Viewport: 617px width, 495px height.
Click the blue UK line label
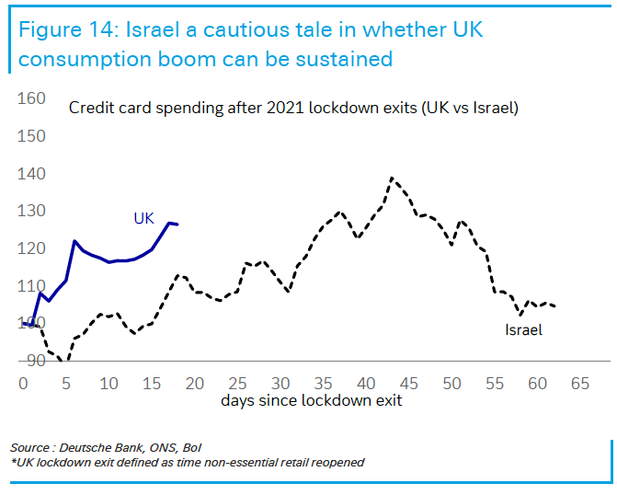(x=143, y=218)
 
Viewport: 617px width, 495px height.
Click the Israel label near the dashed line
(x=523, y=329)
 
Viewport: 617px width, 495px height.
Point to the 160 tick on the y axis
(x=32, y=98)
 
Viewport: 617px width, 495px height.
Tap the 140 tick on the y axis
(x=32, y=174)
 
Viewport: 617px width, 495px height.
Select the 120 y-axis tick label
(x=32, y=248)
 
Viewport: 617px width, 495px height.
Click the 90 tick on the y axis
(x=35, y=361)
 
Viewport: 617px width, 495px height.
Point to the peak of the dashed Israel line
(x=392, y=178)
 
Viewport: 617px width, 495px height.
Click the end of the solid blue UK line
(x=177, y=224)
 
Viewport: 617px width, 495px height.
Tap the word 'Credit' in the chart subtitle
(x=91, y=108)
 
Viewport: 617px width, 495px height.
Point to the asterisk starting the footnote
(x=14, y=462)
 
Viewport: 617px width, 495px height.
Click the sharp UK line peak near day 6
(x=74, y=241)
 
